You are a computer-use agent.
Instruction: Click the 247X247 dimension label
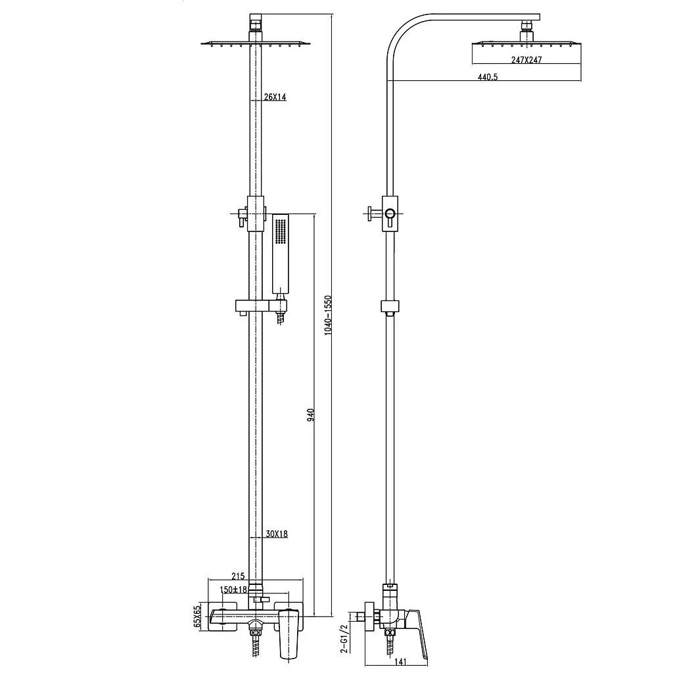click(526, 60)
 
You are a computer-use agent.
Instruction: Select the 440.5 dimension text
click(488, 77)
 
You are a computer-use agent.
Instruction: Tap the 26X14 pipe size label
click(275, 97)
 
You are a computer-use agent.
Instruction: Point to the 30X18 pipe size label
click(277, 534)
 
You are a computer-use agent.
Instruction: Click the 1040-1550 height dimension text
click(328, 315)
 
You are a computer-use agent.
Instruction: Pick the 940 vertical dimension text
click(310, 415)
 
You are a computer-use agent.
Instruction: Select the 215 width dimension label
click(238, 576)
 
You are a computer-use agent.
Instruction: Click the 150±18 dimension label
click(233, 590)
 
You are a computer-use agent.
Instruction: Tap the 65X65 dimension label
click(197, 616)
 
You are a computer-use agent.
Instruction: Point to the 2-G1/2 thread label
click(344, 639)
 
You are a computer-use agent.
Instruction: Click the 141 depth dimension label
click(400, 661)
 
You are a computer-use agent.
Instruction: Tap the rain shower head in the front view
click(256, 44)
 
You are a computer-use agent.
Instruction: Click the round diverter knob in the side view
click(390, 214)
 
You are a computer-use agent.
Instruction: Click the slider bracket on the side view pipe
click(390, 306)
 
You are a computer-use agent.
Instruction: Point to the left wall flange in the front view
click(223, 616)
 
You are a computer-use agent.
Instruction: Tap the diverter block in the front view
click(256, 214)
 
